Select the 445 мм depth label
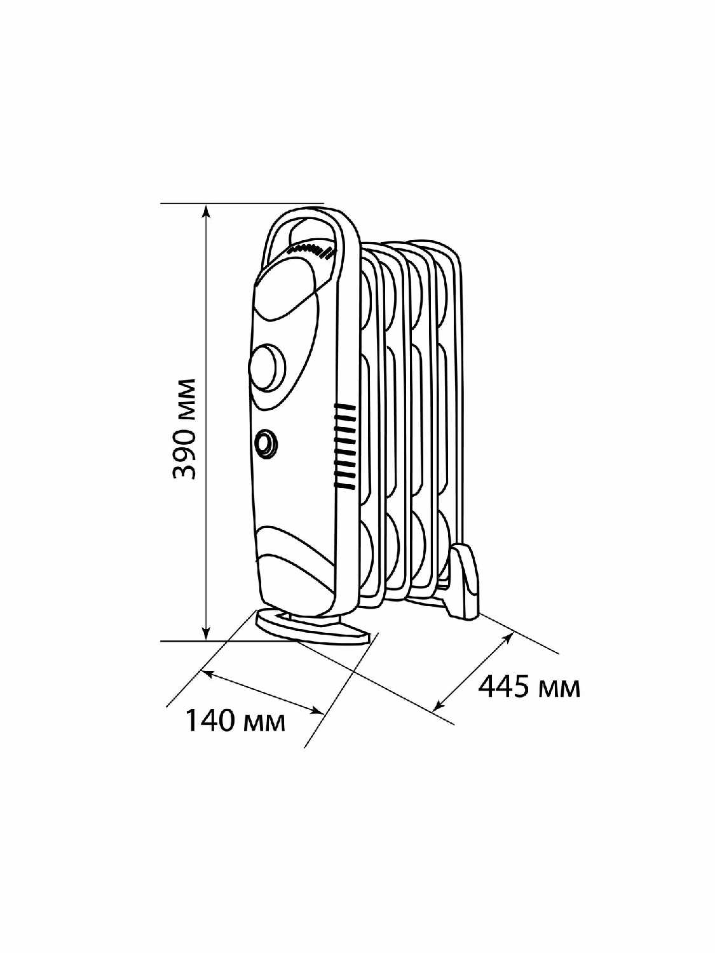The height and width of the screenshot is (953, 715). coord(529,687)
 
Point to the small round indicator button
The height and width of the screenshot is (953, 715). coord(265,442)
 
